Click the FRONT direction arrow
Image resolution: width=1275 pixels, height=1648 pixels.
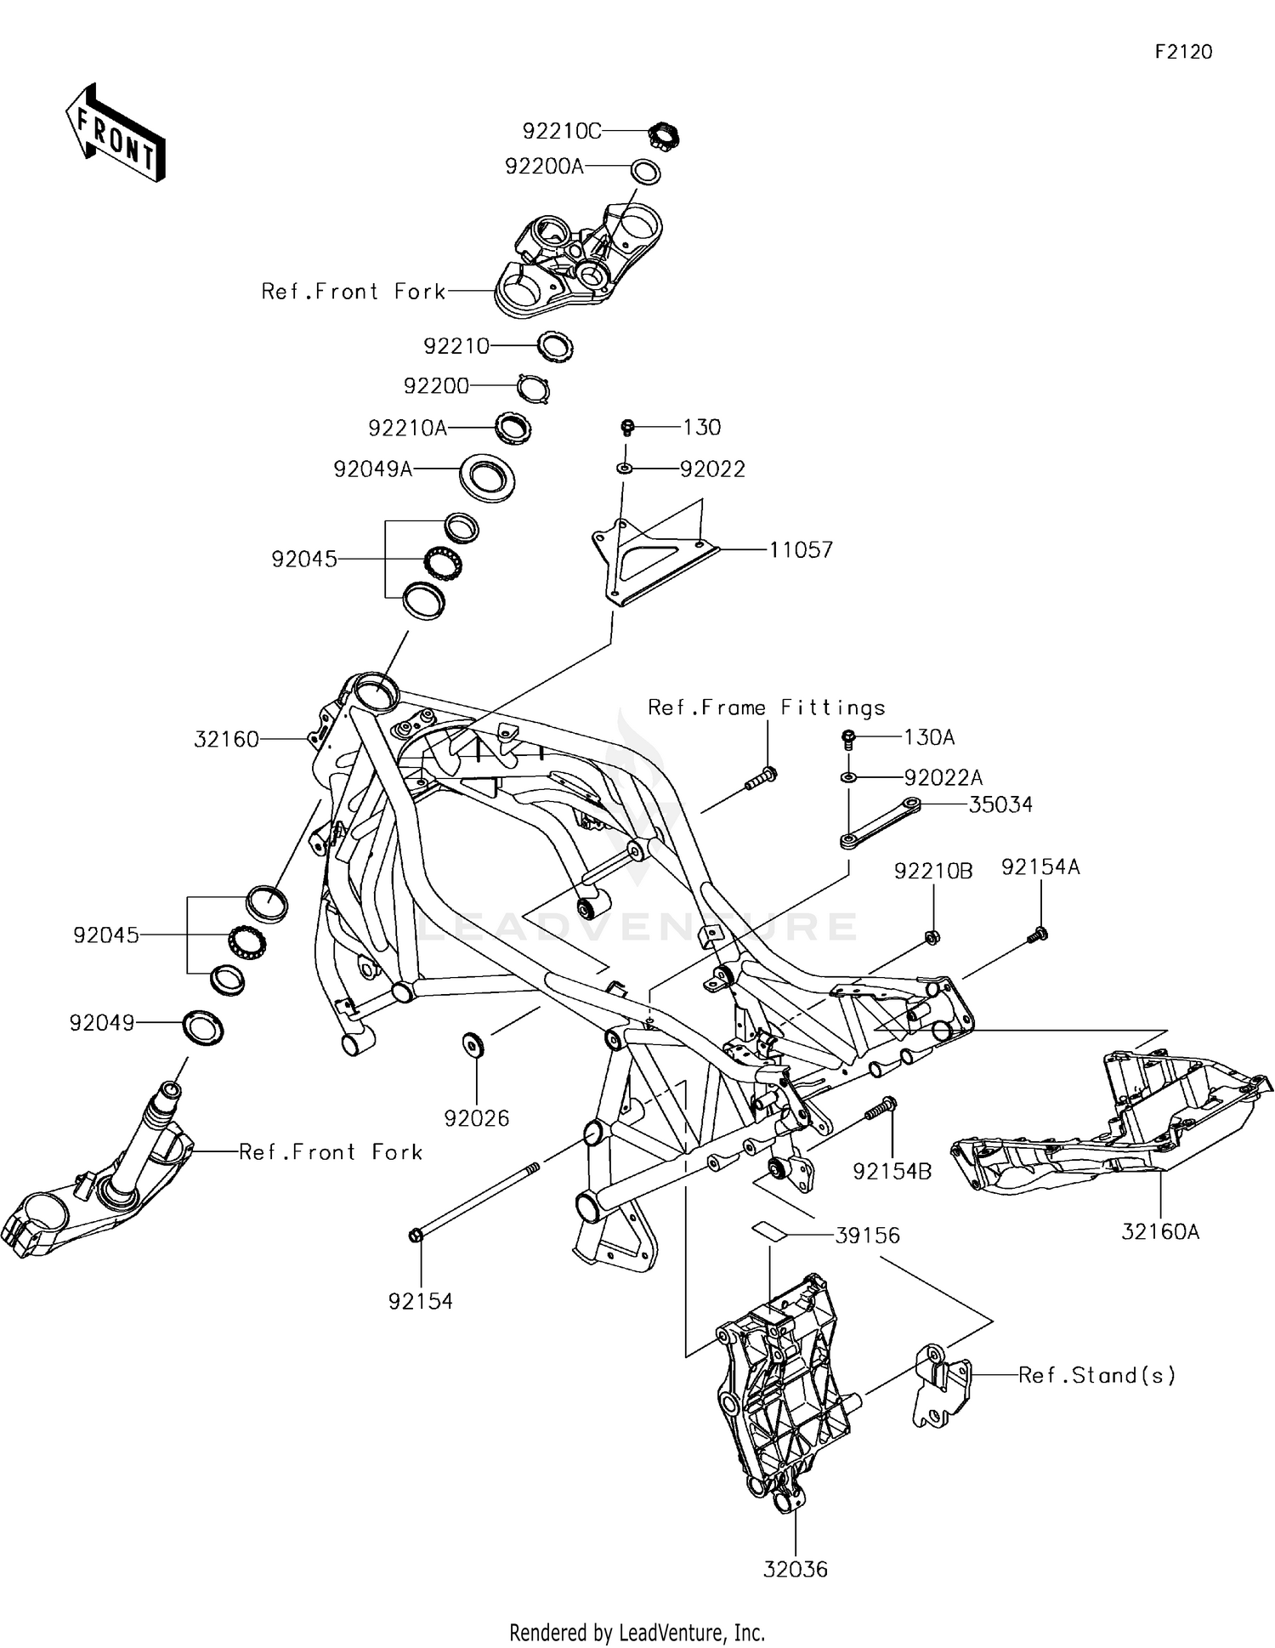point(116,133)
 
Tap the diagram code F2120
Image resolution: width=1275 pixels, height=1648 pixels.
point(1183,52)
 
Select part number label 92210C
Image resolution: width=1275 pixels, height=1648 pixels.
point(562,131)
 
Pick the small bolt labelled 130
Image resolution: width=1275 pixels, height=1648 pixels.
point(627,426)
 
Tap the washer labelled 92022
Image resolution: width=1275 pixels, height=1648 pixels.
point(625,468)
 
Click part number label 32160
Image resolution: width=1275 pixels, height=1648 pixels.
point(226,740)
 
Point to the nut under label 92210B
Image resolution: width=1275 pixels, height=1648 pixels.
point(932,937)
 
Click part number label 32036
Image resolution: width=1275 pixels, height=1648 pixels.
point(795,1569)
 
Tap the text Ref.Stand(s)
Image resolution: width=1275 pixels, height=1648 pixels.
point(1097,1375)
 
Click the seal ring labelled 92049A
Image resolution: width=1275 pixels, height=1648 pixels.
point(487,477)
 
